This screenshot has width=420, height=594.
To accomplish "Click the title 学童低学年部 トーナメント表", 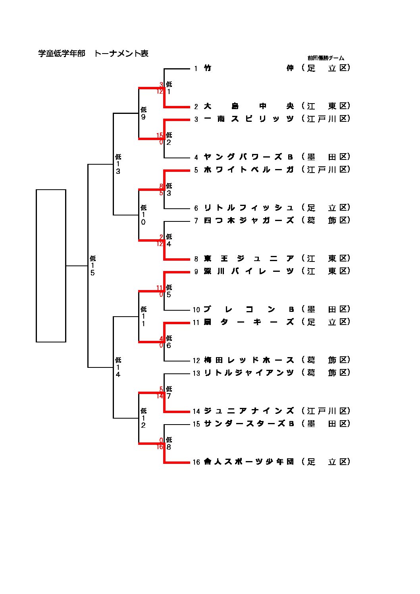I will click(93, 54).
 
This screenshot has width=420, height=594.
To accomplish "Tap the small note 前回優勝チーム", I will click(326, 58).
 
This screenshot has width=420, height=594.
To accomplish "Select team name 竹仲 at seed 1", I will click(249, 68).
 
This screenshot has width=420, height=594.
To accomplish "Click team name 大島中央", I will click(249, 106).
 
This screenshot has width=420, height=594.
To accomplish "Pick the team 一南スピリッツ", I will click(249, 119).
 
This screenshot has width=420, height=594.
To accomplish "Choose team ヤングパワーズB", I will click(249, 157).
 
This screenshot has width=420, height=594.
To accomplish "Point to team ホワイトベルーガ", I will click(249, 170).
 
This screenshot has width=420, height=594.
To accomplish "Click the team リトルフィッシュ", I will click(249, 208).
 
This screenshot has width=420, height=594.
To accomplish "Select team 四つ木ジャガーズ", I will click(249, 221).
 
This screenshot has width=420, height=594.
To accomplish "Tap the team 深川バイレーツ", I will click(249, 271).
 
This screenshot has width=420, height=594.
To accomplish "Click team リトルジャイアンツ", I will click(249, 373).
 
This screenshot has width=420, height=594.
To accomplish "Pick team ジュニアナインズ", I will click(249, 411).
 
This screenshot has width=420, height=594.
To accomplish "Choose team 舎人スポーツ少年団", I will click(249, 462).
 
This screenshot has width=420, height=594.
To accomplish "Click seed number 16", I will click(196, 462).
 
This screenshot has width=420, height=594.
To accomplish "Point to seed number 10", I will click(196, 310).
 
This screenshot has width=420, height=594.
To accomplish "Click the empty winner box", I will click(51, 265).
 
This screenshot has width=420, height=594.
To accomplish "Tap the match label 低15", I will click(92, 265).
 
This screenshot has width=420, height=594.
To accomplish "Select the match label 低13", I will click(118, 164).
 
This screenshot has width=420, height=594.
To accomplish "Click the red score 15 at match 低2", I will click(160, 136).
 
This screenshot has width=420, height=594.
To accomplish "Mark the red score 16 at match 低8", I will click(160, 447).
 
